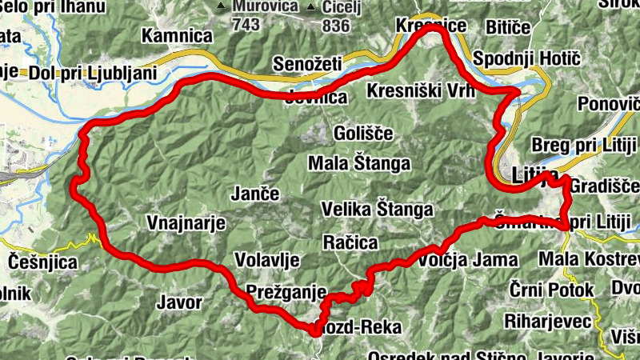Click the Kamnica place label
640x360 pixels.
[177, 36]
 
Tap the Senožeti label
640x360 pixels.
[306, 62]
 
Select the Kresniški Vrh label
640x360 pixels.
[421, 91]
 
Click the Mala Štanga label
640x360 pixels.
[359, 164]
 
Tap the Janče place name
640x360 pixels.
[255, 194]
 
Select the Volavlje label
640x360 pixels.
[267, 259]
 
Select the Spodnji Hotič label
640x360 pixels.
[520, 59]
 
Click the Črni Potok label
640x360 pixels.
[554, 290]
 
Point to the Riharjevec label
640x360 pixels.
[548, 321]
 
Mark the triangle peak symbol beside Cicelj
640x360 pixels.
[310, 7]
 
